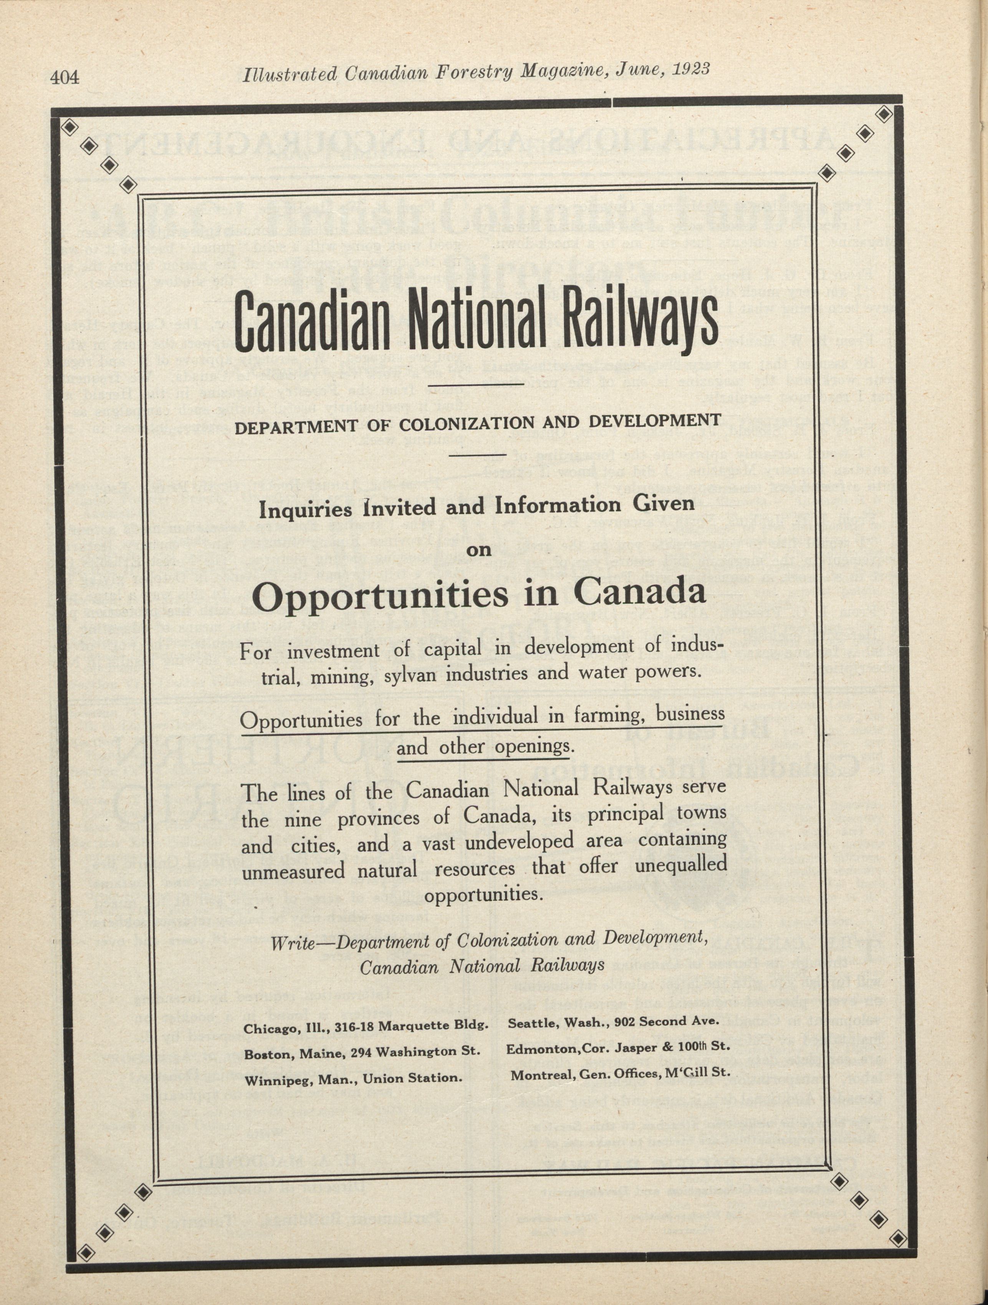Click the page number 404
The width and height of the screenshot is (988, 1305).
65,77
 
